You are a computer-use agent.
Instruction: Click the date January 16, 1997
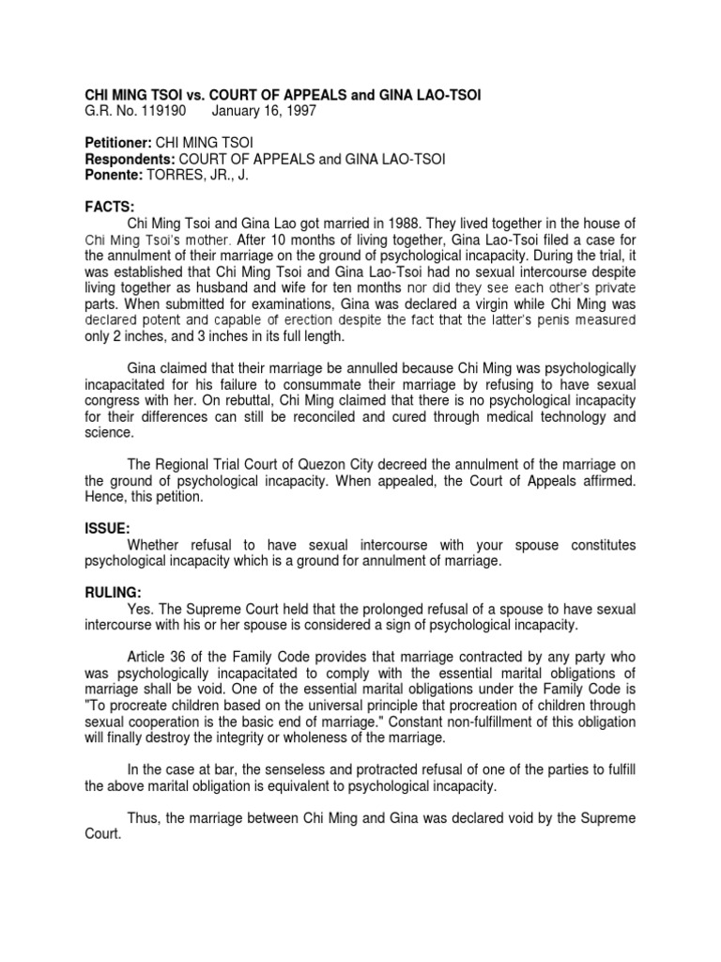point(264,111)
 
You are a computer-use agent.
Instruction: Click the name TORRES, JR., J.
point(203,175)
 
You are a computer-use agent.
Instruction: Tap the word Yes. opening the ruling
point(141,609)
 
